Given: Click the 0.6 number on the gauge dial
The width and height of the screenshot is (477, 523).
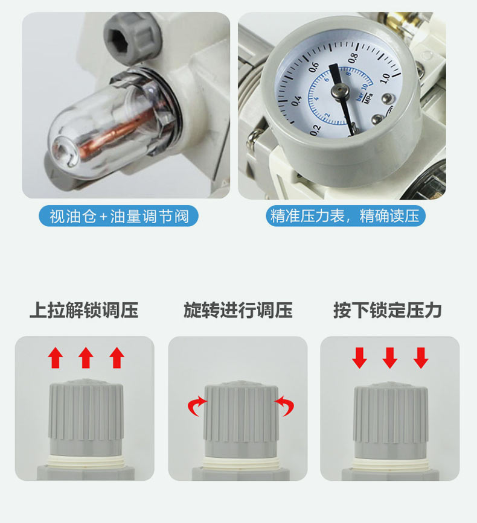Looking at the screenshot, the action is [x=314, y=67].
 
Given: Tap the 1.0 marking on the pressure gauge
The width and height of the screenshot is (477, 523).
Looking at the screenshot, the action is [x=385, y=78].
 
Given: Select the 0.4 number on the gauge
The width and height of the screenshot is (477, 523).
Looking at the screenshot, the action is [x=296, y=101].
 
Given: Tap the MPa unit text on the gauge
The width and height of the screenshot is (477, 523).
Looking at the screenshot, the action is [x=369, y=99].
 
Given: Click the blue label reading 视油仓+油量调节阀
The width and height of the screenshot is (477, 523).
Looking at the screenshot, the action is [x=119, y=216].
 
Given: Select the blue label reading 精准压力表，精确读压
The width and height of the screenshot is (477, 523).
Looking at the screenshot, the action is [x=345, y=216].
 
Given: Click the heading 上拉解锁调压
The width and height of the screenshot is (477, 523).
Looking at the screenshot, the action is [x=84, y=310].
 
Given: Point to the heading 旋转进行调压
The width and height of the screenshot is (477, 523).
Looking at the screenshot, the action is [x=238, y=310].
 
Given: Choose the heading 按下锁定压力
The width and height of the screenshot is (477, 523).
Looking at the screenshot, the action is [x=387, y=310].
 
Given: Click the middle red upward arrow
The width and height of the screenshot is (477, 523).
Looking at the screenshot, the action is [x=86, y=358].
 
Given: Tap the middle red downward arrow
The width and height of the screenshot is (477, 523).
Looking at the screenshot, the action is [x=390, y=358].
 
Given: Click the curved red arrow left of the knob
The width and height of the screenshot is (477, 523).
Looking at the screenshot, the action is [x=197, y=405].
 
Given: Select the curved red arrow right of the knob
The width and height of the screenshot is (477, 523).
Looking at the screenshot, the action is [x=285, y=405].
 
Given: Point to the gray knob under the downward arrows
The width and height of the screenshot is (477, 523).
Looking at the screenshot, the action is [x=391, y=420].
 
